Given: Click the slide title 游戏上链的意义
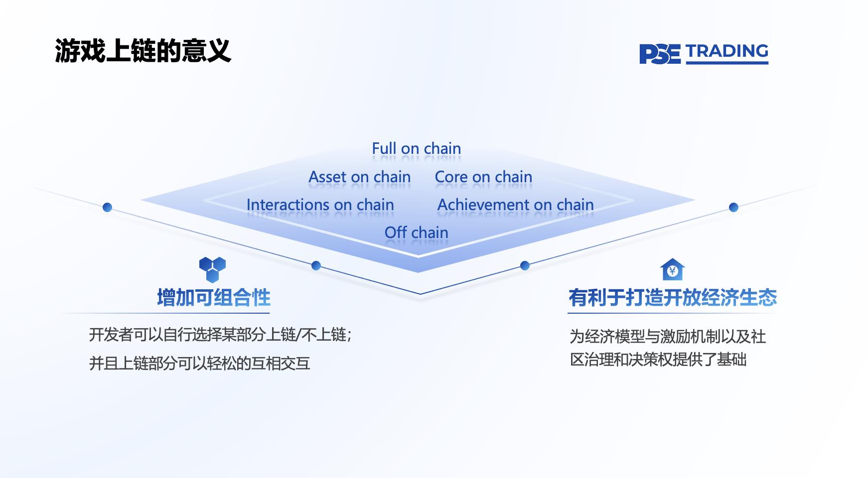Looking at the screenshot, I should point(143,51).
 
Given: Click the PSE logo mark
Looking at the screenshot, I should point(659,54).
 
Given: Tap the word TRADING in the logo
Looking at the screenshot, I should point(726,52).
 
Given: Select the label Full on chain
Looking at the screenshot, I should point(416,148).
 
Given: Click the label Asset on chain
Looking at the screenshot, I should point(359,177).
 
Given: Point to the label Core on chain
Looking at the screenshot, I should point(483,177).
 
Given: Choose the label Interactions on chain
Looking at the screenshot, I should point(320,205).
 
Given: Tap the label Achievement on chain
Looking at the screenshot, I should point(515,205).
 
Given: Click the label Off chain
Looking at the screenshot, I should point(416,233).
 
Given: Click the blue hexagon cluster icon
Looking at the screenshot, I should point(213,269).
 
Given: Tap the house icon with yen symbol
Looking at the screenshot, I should point(672,270).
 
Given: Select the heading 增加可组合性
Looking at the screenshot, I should point(214,298).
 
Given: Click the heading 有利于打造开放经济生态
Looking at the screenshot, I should point(673,298).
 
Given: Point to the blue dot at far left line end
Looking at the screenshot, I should point(107,207).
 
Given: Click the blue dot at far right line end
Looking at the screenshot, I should point(733,207).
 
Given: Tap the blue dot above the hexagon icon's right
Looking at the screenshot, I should point(316,265).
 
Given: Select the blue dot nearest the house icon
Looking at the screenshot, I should point(525,265).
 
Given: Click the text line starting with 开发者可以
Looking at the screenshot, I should point(220,335).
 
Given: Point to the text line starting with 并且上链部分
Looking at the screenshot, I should point(199,363).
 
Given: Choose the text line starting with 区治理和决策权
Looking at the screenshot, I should point(658,359).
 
